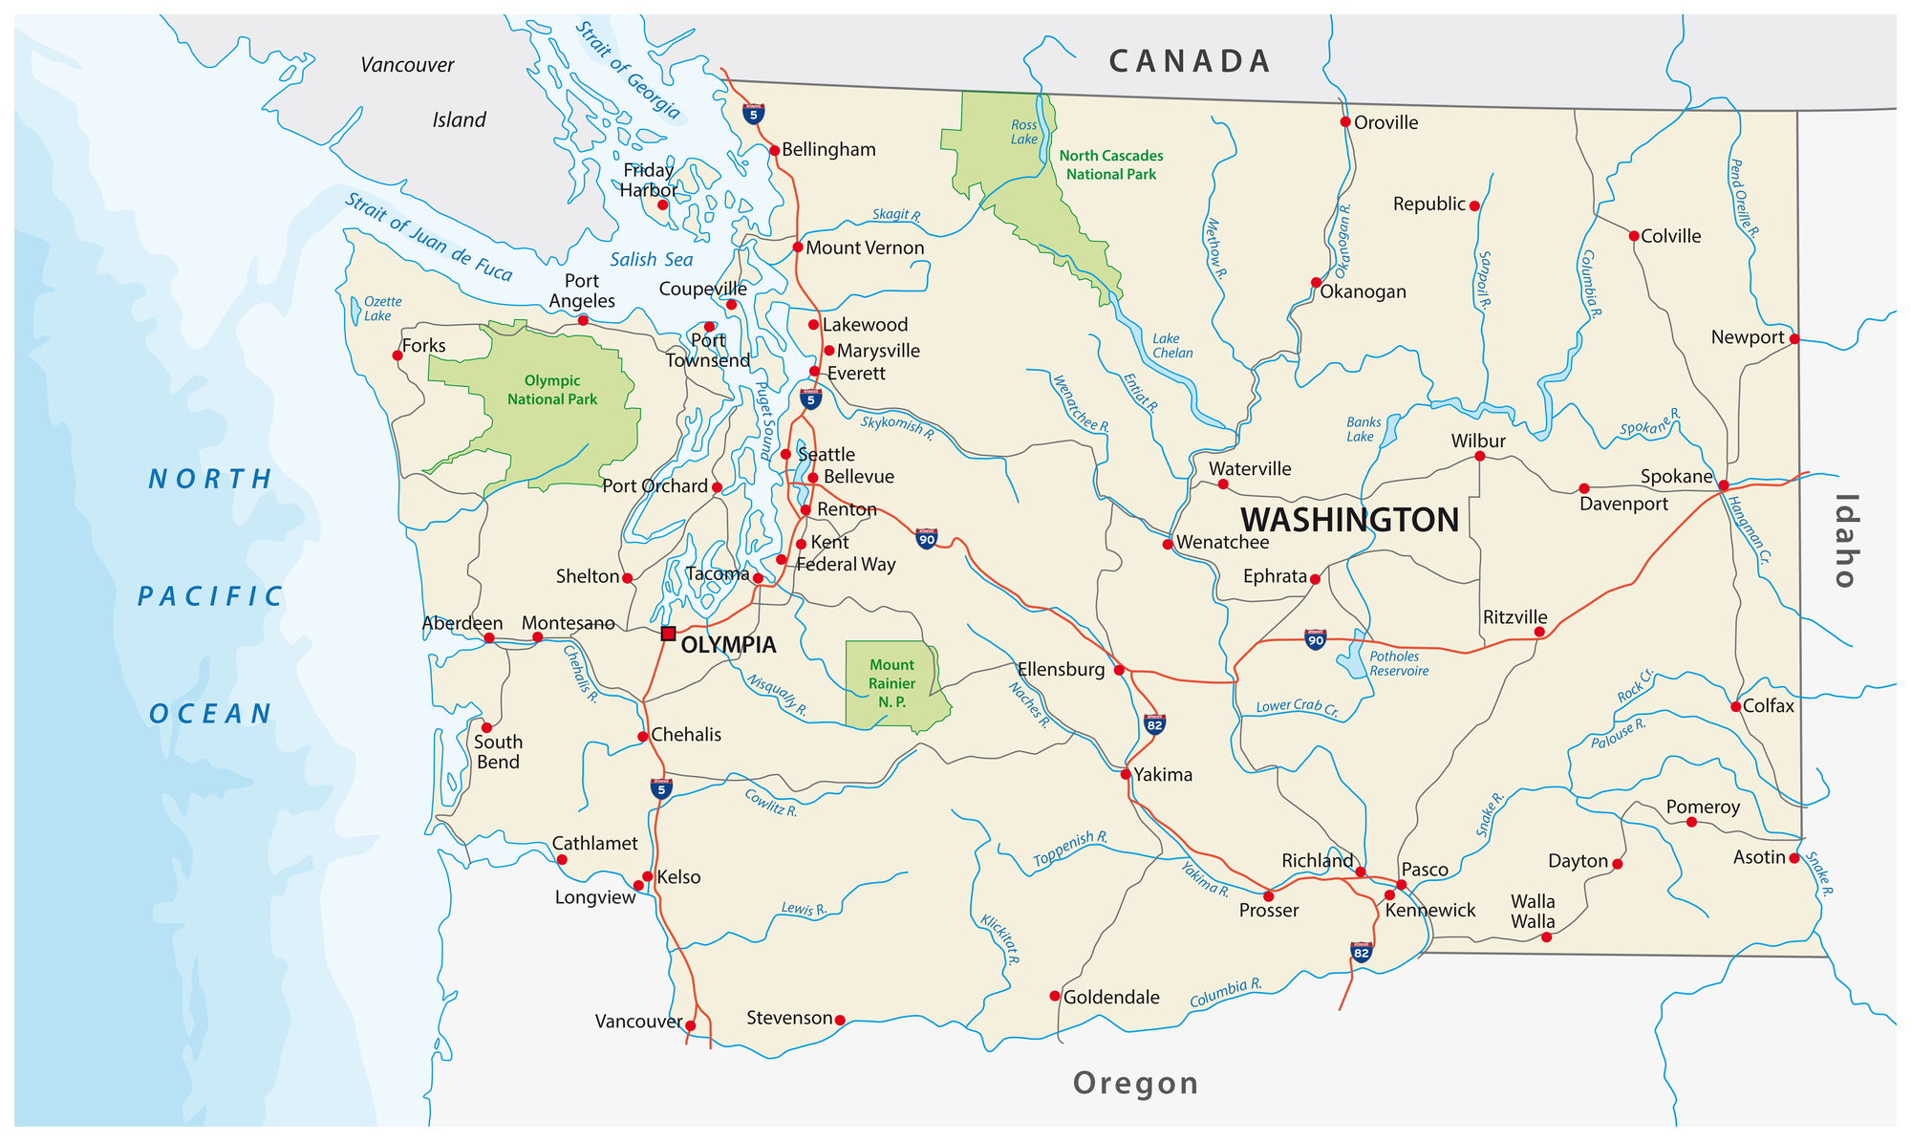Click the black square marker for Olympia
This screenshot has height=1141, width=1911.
[x=668, y=634]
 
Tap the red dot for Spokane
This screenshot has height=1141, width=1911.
[x=1723, y=485]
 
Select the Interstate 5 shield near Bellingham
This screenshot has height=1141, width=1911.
[x=754, y=114]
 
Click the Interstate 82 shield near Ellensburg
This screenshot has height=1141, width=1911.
[x=1154, y=724]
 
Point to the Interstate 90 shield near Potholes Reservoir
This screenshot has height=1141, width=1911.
[x=1316, y=639]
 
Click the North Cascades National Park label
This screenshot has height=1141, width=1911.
[x=1110, y=164]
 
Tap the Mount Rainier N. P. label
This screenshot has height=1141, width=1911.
[x=891, y=683]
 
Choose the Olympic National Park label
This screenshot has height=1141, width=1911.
[x=551, y=390]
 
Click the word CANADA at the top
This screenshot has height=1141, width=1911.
[x=1190, y=62]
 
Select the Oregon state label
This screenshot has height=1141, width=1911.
[x=1135, y=1083]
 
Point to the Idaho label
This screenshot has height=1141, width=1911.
[x=1845, y=541]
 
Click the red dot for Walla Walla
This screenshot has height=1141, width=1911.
[x=1546, y=937]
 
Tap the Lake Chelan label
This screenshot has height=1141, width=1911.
[x=1171, y=346]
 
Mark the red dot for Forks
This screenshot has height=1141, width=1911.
[x=397, y=355]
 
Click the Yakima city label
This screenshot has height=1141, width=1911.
[x=1163, y=775]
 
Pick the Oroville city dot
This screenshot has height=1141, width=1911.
[x=1345, y=121]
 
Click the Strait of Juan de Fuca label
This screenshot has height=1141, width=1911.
[x=429, y=237]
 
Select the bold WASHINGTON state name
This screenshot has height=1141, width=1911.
[x=1349, y=520]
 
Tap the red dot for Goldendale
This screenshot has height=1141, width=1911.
[x=1055, y=996]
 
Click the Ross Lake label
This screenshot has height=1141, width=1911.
[x=1023, y=132]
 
